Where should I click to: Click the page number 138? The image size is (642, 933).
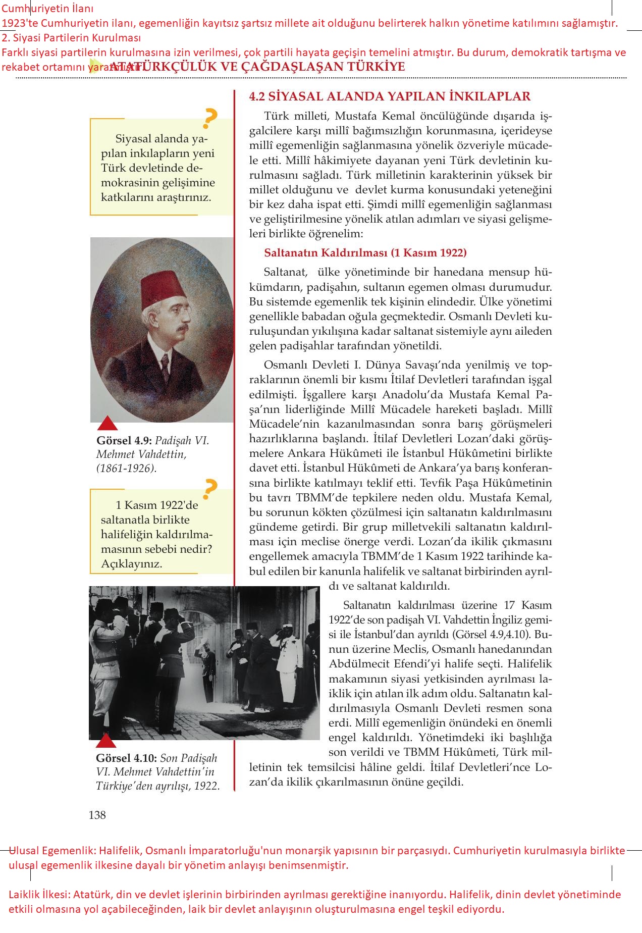97,815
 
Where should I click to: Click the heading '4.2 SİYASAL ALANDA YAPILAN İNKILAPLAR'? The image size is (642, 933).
390,96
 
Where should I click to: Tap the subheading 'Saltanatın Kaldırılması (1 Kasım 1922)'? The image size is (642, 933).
365,253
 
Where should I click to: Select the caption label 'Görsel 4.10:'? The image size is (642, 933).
127,758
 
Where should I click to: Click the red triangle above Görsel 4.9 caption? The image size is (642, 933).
106,424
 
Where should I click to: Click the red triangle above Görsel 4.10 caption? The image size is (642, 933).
106,741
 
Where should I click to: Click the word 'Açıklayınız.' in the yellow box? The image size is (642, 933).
132,564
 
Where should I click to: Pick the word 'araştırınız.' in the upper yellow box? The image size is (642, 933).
181,197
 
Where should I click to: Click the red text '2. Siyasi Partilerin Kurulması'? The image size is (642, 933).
71,38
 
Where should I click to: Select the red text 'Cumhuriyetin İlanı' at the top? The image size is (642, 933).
47,9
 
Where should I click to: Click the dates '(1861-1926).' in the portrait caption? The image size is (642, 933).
126,468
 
